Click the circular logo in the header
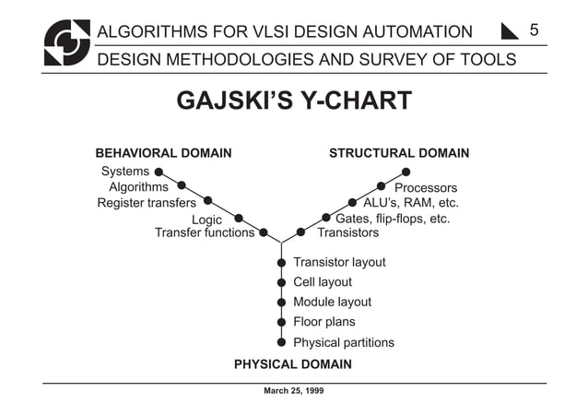pyautogui.click(x=67, y=42)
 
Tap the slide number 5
pyautogui.click(x=534, y=30)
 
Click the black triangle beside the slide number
pyautogui.click(x=510, y=32)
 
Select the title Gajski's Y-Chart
pyautogui.click(x=293, y=101)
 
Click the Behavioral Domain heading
pyautogui.click(x=163, y=153)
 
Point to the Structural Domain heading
pyautogui.click(x=399, y=153)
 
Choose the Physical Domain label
pyautogui.click(x=292, y=364)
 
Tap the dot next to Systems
pyautogui.click(x=159, y=172)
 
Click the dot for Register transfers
pyautogui.click(x=208, y=200)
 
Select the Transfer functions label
pyautogui.click(x=205, y=233)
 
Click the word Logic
pyautogui.click(x=206, y=220)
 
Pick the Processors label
pyautogui.click(x=426, y=188)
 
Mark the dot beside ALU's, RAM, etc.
pyautogui.click(x=352, y=203)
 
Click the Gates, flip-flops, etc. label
pyautogui.click(x=393, y=219)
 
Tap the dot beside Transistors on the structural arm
pyautogui.click(x=300, y=232)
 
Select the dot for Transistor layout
pyautogui.click(x=281, y=263)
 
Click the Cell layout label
pyautogui.click(x=323, y=282)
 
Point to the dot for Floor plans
pyautogui.click(x=281, y=322)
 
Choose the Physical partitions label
pyautogui.click(x=344, y=342)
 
